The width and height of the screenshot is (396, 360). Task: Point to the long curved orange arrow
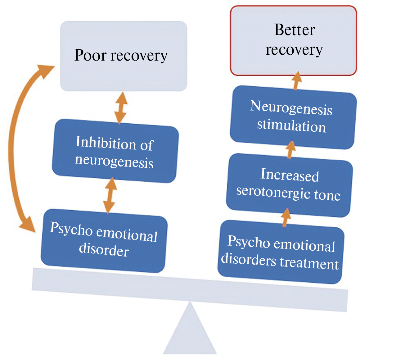pos(14,149)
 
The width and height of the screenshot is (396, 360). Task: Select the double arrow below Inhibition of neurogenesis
pos(110,195)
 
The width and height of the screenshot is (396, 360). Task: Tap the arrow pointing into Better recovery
pos(297,80)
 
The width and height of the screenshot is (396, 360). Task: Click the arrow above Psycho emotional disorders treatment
pos(286,217)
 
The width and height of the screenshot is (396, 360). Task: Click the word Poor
pos(90,55)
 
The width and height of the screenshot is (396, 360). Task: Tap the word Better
pos(295,30)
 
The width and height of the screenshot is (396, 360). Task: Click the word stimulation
pos(291,125)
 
